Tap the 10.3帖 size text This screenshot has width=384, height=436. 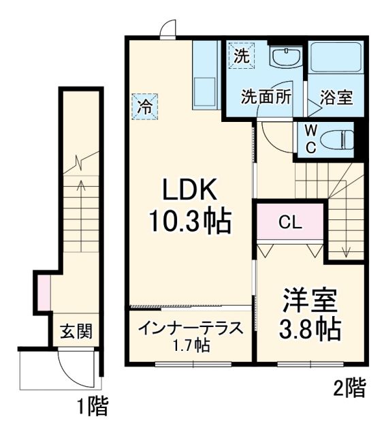(191, 221)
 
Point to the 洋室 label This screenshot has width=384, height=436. (310, 300)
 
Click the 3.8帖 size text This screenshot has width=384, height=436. (310, 330)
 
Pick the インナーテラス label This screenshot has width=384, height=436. (190, 328)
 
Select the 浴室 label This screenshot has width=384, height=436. (336, 97)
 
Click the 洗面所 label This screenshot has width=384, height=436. (266, 97)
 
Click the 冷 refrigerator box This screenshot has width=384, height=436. (144, 106)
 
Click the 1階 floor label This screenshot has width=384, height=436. (92, 408)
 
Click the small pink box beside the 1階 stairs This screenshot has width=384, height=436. (43, 290)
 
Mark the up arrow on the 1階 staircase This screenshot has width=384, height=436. (81, 198)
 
